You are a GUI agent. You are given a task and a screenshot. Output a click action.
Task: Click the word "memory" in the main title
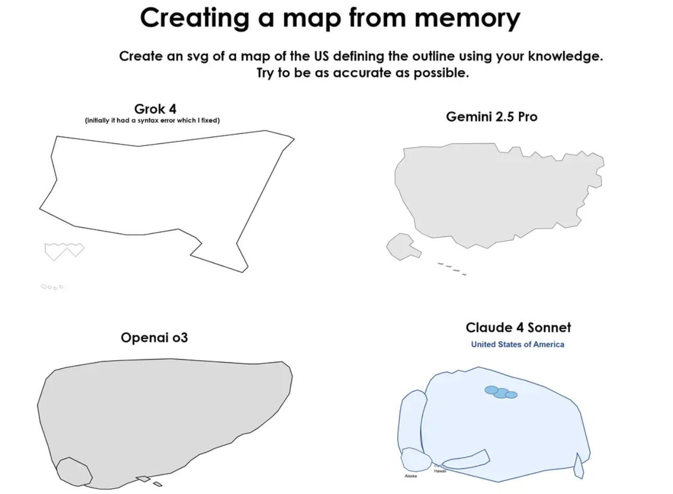pos(460,18)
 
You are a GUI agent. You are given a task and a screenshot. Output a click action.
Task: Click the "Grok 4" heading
pos(155,109)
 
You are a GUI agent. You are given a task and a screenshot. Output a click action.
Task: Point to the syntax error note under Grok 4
pos(152,121)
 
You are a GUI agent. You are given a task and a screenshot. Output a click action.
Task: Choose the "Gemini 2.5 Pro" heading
pos(491,117)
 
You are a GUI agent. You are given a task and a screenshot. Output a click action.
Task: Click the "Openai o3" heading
pos(154,338)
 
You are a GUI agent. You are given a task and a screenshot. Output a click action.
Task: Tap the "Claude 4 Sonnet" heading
pos(518,328)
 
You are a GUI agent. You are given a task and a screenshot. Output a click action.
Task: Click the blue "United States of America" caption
pos(517,344)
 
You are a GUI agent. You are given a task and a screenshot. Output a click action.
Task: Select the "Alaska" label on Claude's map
pos(411,476)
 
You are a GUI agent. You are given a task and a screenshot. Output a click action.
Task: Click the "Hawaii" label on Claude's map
pos(439,471)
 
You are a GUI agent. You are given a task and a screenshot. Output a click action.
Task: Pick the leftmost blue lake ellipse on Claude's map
pos(491,390)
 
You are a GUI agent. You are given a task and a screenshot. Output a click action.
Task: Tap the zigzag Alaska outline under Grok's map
pos(64,250)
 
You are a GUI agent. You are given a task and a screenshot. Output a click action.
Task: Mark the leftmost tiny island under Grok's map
pos(44,286)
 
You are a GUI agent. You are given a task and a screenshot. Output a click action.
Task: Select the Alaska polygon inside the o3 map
pos(74,471)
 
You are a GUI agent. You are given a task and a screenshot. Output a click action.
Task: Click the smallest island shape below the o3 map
pos(157,484)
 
